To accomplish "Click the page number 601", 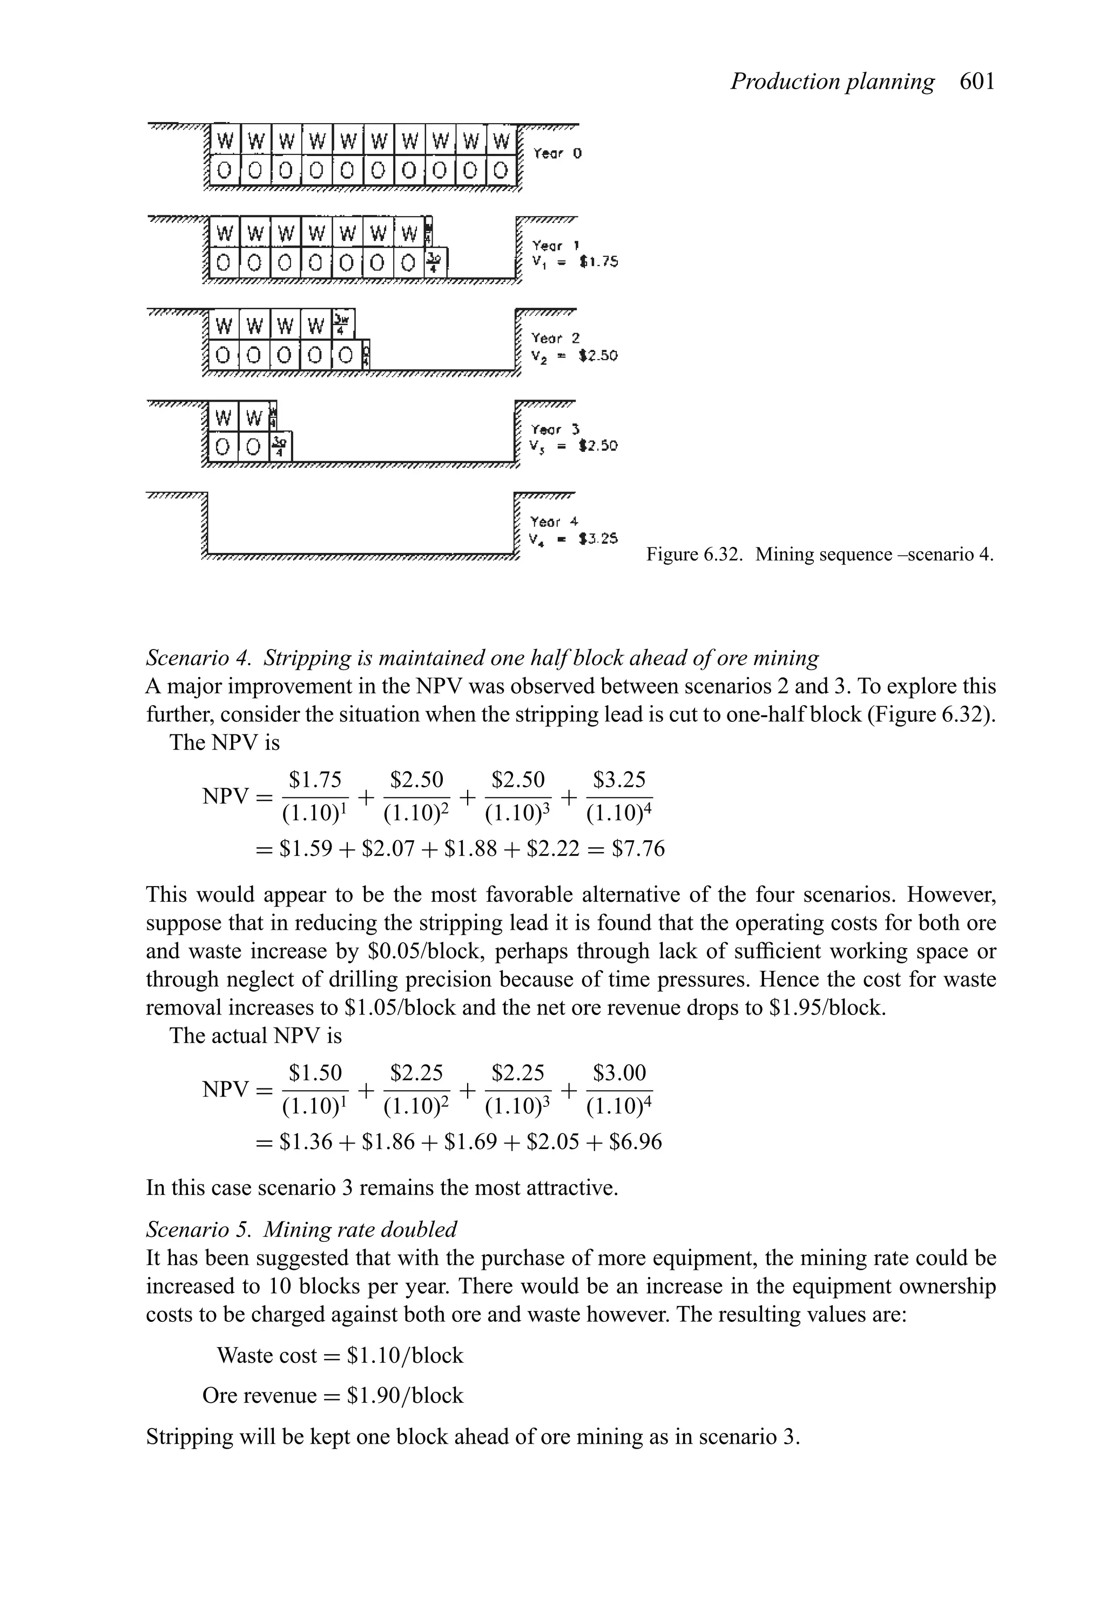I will (977, 82).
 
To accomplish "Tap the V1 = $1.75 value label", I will (575, 262).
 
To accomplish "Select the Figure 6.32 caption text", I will (819, 555).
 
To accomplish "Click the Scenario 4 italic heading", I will (482, 657).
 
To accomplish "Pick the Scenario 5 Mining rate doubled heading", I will (301, 1229).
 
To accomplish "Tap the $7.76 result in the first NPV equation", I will (638, 849).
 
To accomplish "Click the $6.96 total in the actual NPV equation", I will (635, 1142).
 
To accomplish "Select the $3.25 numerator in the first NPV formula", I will (619, 780).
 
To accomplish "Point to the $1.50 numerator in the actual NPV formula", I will (315, 1073).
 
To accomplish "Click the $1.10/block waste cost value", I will (405, 1355).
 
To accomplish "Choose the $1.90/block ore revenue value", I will (405, 1396).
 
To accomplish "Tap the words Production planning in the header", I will (832, 82).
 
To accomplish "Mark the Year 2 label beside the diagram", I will (555, 339).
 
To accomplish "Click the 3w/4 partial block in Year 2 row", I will (342, 323).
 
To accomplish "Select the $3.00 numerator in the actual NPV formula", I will (619, 1073).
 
